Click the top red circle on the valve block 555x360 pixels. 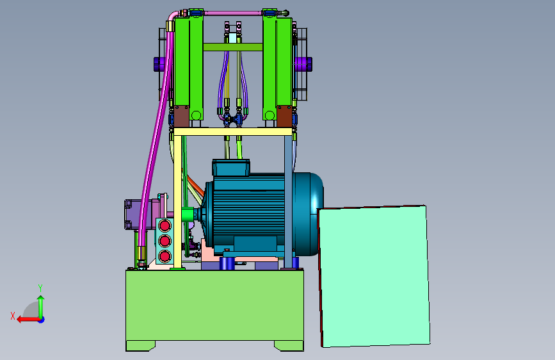(x=165, y=225)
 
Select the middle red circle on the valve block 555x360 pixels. (x=165, y=241)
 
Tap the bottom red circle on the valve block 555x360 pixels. (x=165, y=256)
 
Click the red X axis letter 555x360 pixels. (x=13, y=316)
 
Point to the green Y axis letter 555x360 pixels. (x=40, y=288)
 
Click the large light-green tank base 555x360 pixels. (x=214, y=306)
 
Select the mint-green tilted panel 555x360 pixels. (x=374, y=276)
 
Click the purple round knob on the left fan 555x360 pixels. (x=159, y=64)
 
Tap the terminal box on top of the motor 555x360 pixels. (x=231, y=167)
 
